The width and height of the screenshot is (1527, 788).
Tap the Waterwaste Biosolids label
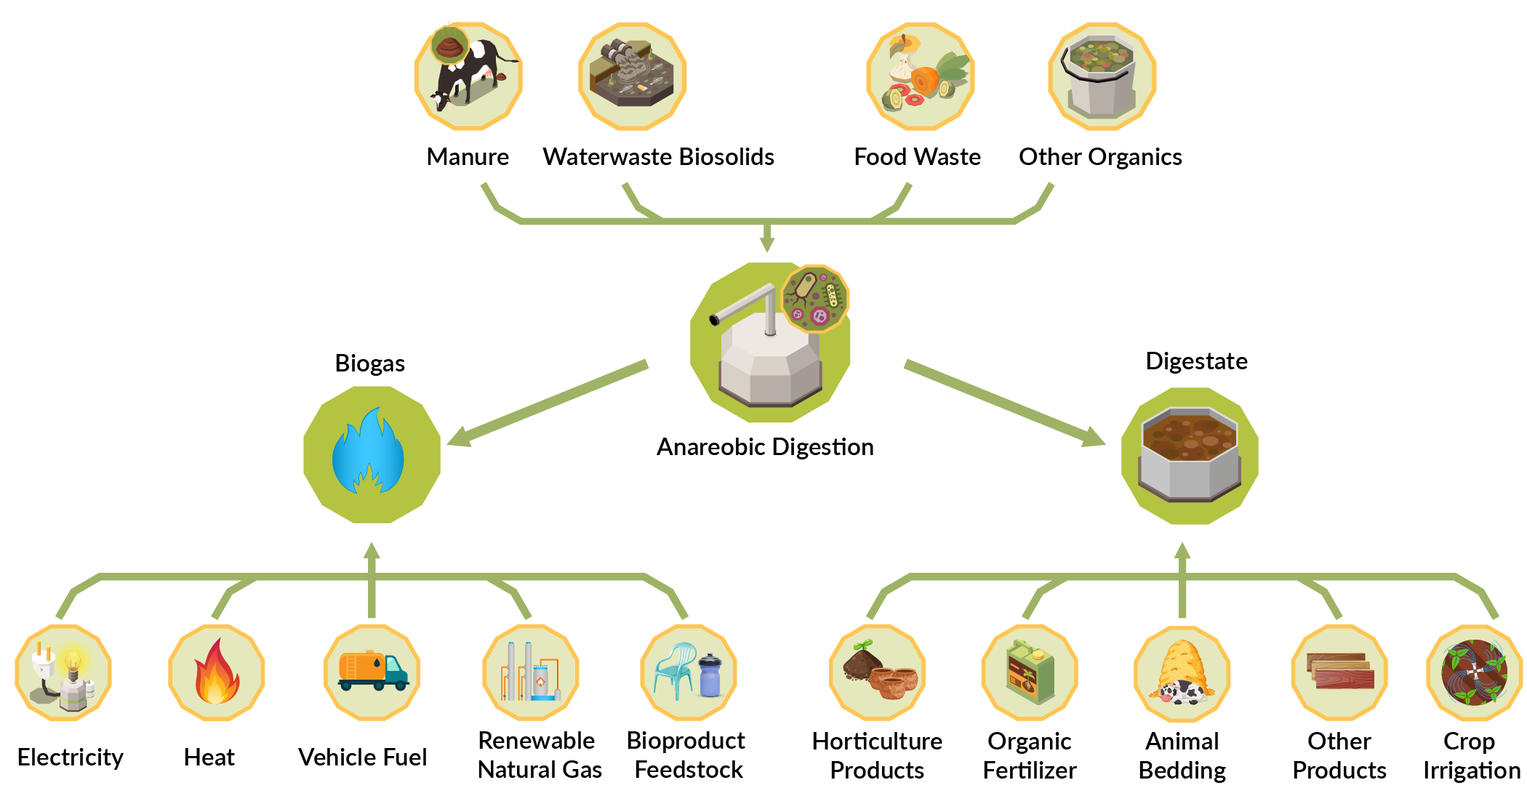click(658, 157)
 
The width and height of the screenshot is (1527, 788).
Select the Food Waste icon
click(920, 76)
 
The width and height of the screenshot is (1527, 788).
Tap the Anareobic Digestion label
click(765, 446)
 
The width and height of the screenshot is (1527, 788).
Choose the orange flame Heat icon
click(216, 672)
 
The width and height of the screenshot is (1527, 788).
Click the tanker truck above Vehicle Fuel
click(372, 671)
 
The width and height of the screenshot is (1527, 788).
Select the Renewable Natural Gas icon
click(530, 672)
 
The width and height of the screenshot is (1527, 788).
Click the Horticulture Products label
click(877, 755)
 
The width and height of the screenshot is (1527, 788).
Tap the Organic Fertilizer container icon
click(1030, 672)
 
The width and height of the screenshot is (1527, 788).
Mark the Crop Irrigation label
click(1470, 755)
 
